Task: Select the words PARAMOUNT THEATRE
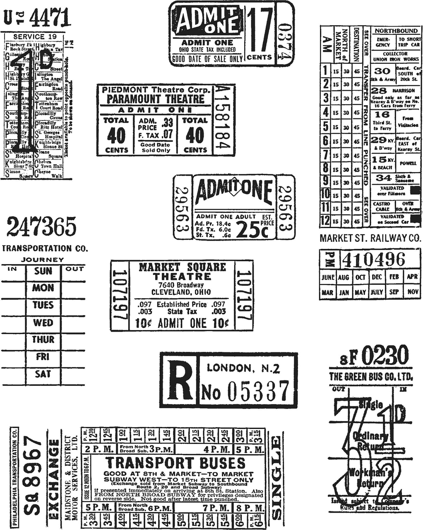(155, 99)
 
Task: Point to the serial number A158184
(223, 119)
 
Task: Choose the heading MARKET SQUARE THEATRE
(182, 272)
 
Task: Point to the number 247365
(41, 226)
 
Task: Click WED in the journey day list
(43, 323)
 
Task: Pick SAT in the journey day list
(43, 374)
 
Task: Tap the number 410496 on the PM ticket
(373, 260)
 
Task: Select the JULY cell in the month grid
(377, 292)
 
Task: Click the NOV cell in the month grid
(413, 292)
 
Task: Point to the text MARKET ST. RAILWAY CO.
(370, 238)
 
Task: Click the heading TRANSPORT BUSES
(175, 463)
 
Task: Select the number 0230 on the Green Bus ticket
(385, 355)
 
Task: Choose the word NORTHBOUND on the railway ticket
(396, 31)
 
